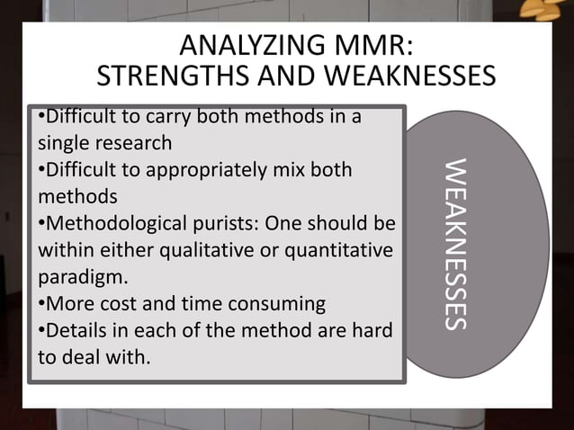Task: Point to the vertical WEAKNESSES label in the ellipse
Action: click(456, 245)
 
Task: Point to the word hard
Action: click(366, 329)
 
